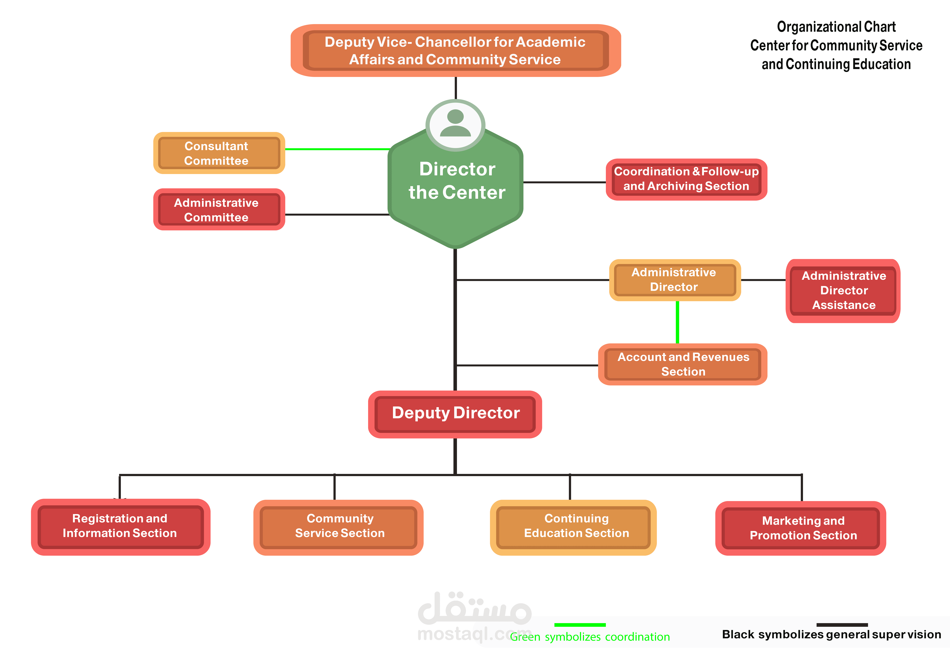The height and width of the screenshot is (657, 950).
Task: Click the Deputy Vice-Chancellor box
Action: point(455,51)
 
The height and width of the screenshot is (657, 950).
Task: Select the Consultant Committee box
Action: point(219,153)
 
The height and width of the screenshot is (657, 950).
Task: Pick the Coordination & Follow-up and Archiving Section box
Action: point(686,179)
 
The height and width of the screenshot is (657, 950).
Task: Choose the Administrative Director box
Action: point(674,280)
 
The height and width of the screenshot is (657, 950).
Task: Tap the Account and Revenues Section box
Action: point(683,364)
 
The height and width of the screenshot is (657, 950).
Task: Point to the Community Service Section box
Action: point(339,526)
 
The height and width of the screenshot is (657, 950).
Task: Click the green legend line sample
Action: point(580,625)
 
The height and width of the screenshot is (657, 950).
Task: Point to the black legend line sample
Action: point(842,625)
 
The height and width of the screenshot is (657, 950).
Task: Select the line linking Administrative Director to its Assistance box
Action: point(763,280)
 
